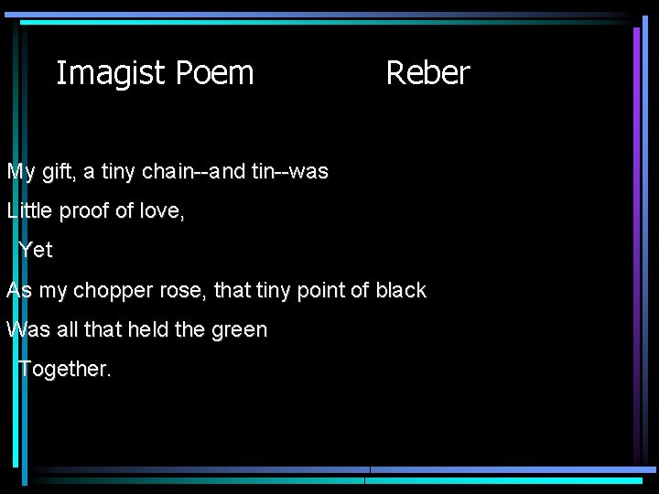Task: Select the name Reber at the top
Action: [x=427, y=73]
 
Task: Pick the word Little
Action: [x=29, y=211]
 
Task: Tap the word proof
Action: [x=84, y=211]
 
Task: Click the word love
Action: [x=161, y=211]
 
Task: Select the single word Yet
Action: [x=36, y=251]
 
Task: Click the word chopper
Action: [x=113, y=291]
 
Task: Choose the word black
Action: [x=401, y=291]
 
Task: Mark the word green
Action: [x=239, y=330]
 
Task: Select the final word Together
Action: [x=64, y=370]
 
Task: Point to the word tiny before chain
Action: [x=118, y=172]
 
